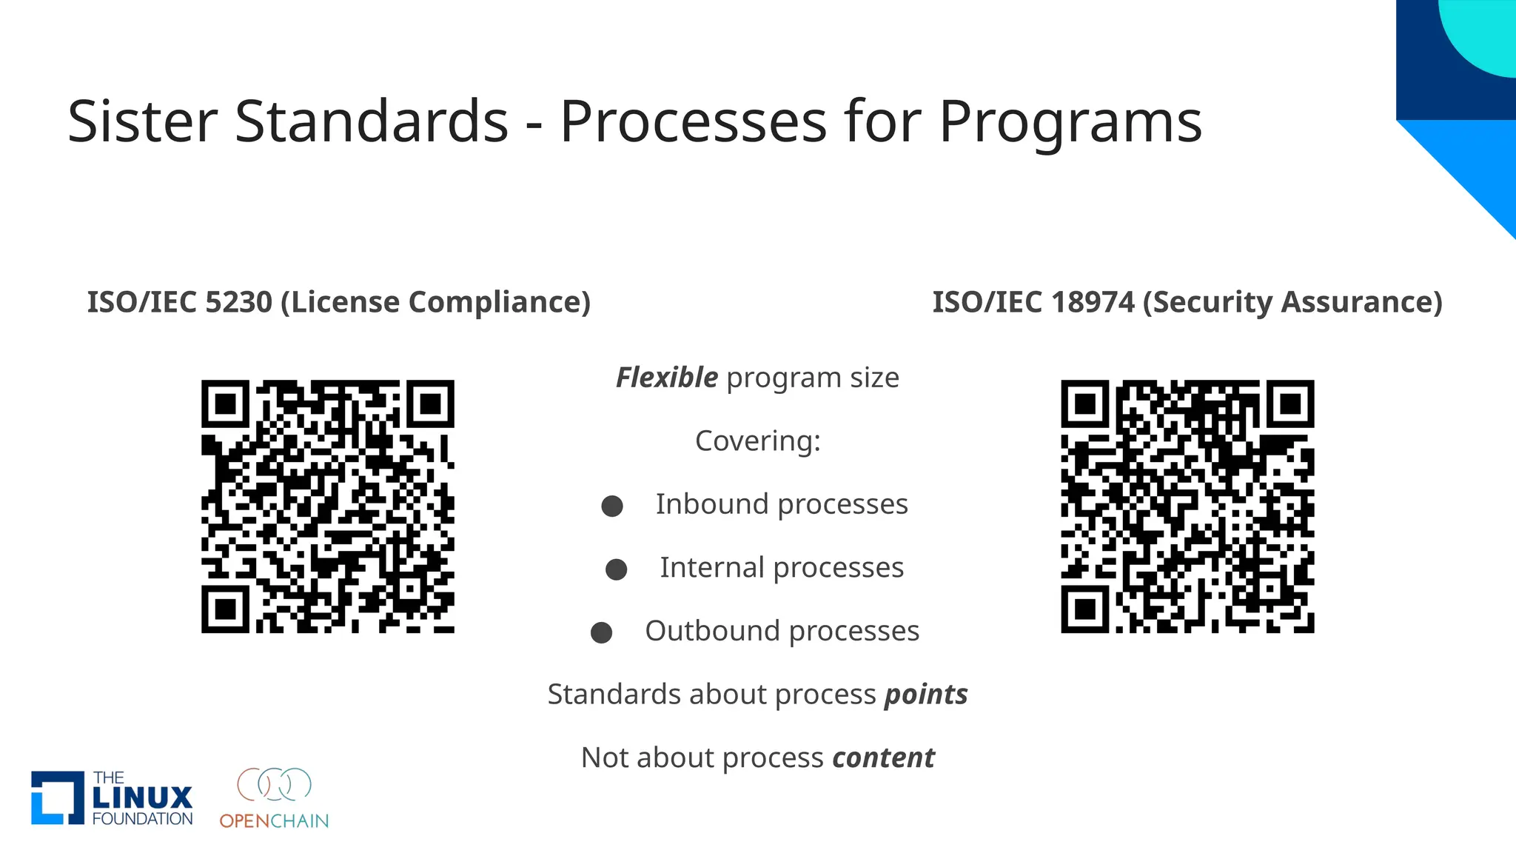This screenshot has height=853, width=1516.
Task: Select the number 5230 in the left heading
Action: (238, 302)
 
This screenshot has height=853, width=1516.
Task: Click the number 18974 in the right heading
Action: (1092, 302)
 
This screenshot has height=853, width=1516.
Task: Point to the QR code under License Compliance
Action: (328, 506)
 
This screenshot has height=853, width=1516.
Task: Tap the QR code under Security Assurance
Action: (1187, 506)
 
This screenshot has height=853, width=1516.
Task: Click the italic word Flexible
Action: (666, 378)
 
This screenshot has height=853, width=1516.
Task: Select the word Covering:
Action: (758, 441)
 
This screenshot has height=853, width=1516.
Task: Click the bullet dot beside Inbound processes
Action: (612, 506)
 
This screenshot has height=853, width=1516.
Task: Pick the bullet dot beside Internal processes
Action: (617, 569)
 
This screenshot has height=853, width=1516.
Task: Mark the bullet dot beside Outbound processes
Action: (602, 633)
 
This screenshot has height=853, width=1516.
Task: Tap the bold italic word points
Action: (926, 695)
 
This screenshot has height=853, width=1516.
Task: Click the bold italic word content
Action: (883, 758)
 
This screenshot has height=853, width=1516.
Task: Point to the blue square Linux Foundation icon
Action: (57, 797)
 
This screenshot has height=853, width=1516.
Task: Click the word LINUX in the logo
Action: (142, 797)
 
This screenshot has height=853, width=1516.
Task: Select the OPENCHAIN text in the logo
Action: (274, 821)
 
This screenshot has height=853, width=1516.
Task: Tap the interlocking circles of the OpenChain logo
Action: (274, 784)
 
